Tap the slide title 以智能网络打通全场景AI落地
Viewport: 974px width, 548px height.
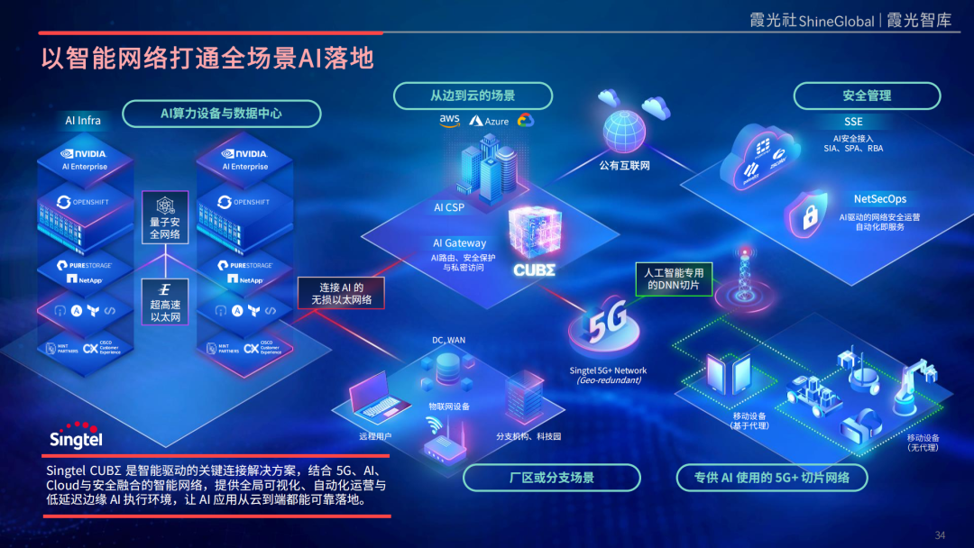(x=207, y=59)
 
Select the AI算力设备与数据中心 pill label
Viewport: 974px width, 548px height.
(x=221, y=114)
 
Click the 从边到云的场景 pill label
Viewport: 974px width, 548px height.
(x=473, y=96)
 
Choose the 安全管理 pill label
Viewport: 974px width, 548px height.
(x=867, y=96)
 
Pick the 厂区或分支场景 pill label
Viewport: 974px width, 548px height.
(x=552, y=478)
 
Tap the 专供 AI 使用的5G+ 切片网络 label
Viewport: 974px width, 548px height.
(x=771, y=478)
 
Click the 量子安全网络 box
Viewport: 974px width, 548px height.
(x=164, y=219)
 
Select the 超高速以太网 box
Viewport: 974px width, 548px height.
(x=165, y=302)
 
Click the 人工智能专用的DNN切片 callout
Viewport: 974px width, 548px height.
(x=674, y=279)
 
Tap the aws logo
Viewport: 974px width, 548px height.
(x=449, y=120)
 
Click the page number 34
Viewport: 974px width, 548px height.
(x=940, y=535)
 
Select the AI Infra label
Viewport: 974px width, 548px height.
(x=83, y=121)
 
